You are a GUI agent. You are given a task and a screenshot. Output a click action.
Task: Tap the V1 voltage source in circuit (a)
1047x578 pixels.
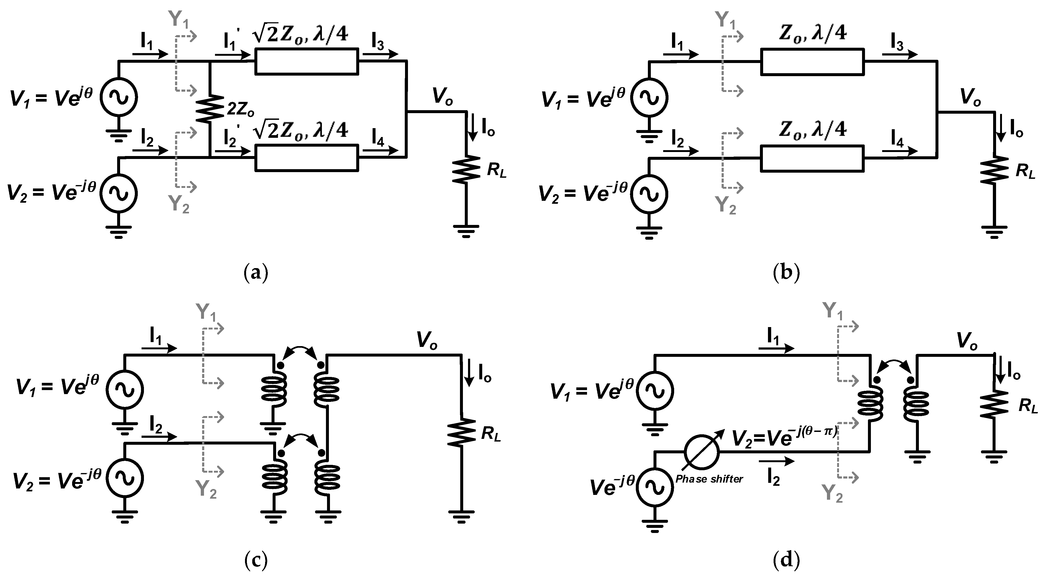[119, 98]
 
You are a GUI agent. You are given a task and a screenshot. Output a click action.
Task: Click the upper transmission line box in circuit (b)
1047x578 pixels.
[812, 61]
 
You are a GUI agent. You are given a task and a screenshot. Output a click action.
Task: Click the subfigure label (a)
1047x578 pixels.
[256, 273]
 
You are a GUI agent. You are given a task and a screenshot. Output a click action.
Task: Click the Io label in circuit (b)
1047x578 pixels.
[1016, 131]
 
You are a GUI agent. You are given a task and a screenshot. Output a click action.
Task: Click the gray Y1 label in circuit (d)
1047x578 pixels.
[832, 311]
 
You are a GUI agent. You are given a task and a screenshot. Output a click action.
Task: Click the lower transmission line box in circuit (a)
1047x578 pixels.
[306, 157]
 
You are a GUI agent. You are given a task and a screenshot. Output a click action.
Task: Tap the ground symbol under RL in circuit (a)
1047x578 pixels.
[466, 231]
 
